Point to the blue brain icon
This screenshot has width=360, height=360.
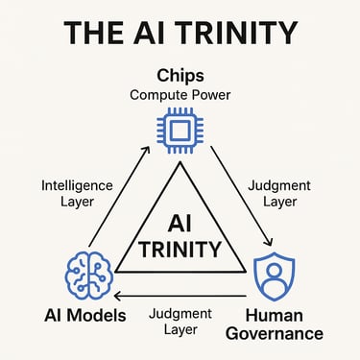pyautogui.click(x=88, y=274)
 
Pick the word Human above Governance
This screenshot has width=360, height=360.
pyautogui.click(x=283, y=315)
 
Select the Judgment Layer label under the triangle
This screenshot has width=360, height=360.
pyautogui.click(x=182, y=322)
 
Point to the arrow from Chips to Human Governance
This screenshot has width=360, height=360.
pyautogui.click(x=242, y=198)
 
